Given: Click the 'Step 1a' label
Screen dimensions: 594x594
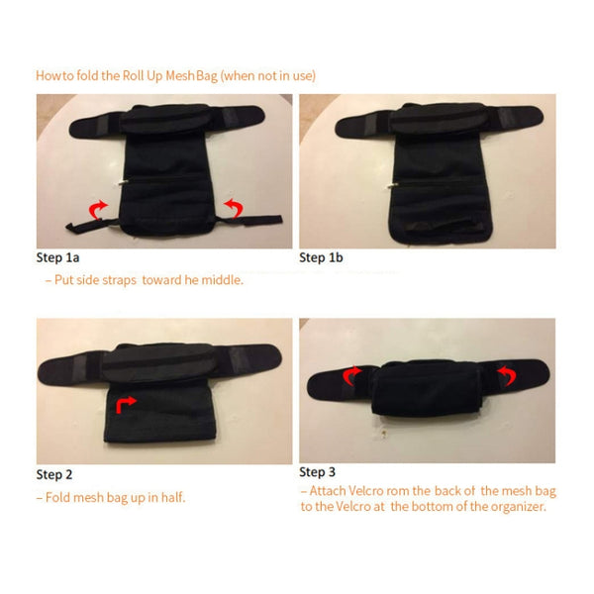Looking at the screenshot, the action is (57, 257).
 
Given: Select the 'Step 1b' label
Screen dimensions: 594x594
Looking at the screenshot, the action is (321, 257).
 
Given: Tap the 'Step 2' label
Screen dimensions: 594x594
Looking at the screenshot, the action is (54, 474).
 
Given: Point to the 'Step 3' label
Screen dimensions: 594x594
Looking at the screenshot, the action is (317, 472).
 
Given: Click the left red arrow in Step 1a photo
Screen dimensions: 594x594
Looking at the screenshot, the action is (97, 209).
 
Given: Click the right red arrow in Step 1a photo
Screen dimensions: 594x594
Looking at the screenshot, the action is (234, 208).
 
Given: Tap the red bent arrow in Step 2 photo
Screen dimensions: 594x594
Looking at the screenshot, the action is (125, 404).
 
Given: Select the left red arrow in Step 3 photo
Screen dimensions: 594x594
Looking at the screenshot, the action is (351, 375).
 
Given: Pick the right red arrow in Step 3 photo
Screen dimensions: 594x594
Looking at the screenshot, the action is (508, 375).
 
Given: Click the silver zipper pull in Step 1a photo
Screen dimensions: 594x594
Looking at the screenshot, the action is (123, 183).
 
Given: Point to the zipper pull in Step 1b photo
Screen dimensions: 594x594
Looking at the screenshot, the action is (392, 185).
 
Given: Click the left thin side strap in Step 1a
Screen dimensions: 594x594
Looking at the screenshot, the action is (91, 225).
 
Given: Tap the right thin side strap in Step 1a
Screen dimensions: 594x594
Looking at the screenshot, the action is (250, 220).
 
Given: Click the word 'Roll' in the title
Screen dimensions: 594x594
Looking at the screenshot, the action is (133, 76).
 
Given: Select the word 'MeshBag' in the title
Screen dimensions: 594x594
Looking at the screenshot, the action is (192, 76).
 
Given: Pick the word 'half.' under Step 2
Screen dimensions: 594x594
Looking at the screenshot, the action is (173, 497).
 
